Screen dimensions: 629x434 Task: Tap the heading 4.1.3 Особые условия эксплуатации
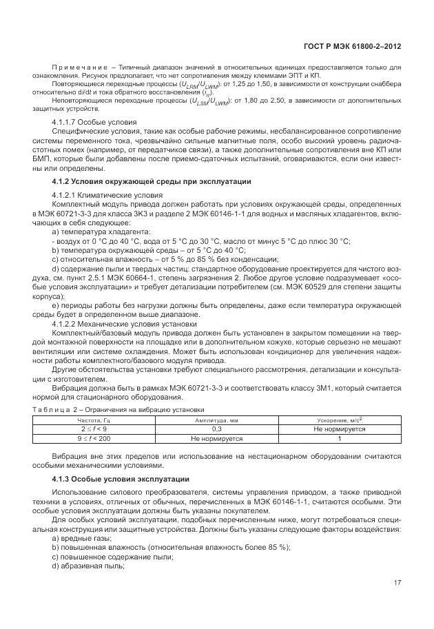tap(120, 478)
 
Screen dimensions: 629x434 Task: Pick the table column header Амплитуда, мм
tap(214, 419)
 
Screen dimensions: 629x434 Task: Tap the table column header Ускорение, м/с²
tap(339, 419)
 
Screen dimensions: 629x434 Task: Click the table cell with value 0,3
tap(214, 428)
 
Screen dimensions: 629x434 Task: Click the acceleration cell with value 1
tap(339, 437)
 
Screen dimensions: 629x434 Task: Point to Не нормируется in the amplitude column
tap(214, 437)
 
